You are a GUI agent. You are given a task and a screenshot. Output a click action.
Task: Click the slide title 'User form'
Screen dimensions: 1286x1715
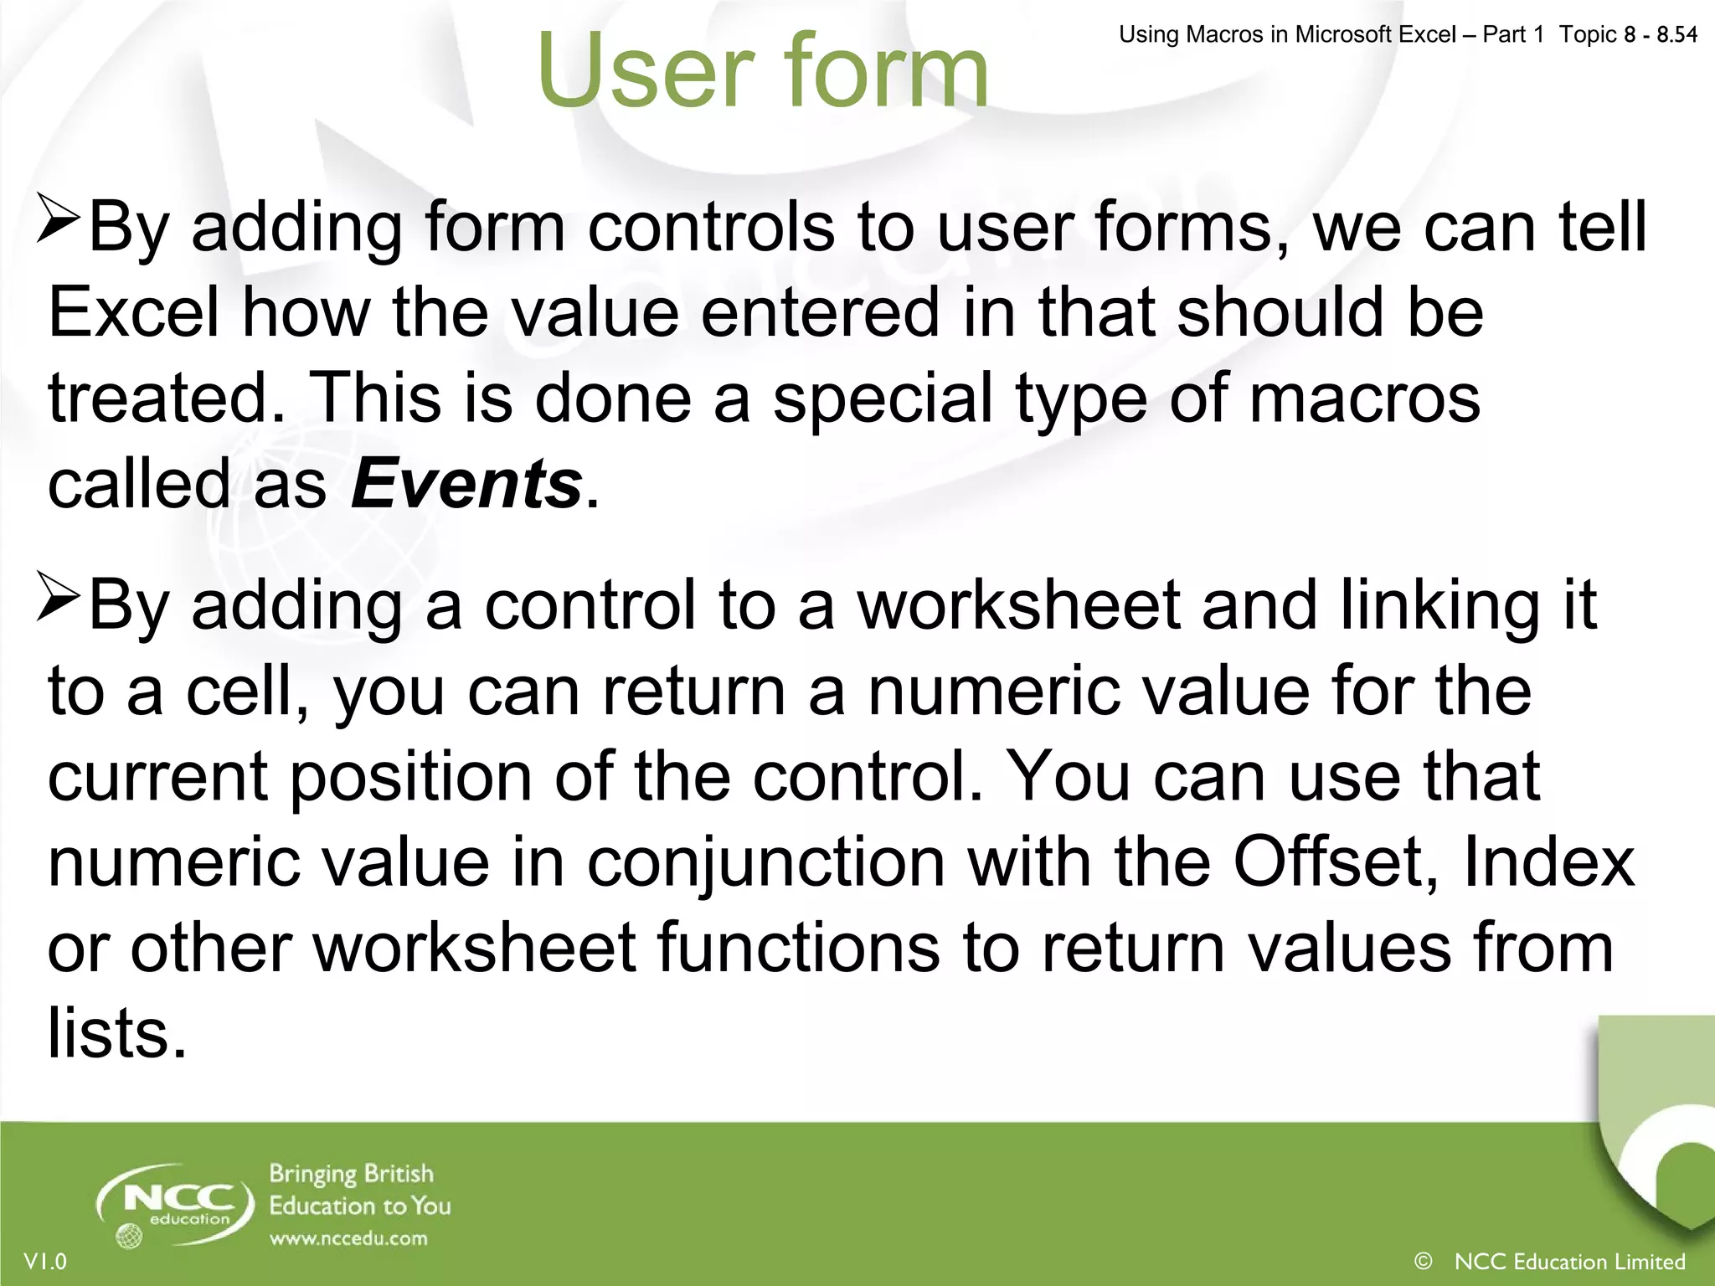(762, 70)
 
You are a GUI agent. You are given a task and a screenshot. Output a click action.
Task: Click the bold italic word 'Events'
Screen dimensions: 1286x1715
(466, 484)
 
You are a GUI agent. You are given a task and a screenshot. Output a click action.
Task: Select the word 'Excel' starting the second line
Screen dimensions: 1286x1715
(134, 312)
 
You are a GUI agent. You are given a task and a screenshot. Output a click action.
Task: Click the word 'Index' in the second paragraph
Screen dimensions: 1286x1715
(1549, 862)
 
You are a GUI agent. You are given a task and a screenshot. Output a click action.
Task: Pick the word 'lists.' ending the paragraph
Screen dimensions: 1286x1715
(116, 1034)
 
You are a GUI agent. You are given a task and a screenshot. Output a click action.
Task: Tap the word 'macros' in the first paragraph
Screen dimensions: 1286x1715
(1365, 399)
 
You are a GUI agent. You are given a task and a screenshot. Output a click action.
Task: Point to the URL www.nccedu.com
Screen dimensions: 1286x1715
(348, 1238)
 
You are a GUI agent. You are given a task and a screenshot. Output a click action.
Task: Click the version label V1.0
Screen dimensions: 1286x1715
(45, 1261)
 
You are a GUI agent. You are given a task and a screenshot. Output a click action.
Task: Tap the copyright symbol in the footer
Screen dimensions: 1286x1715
(1422, 1260)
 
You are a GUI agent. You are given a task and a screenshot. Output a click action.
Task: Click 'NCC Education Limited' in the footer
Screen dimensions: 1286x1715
(1569, 1261)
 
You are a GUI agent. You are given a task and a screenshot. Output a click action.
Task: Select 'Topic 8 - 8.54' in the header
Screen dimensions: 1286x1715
(1628, 34)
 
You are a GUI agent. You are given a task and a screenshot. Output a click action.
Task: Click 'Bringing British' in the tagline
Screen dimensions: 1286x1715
(351, 1175)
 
